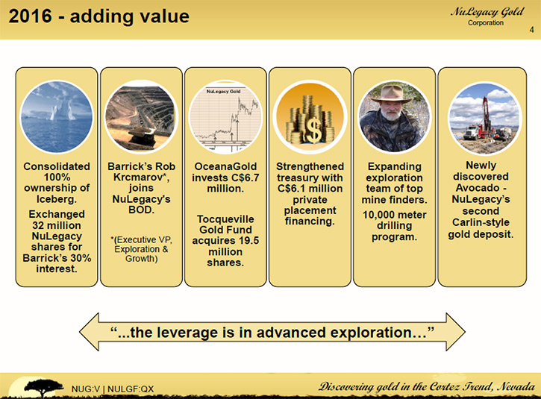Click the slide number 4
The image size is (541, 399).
532,30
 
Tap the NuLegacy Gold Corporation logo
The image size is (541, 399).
487,16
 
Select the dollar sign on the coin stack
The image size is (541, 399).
313,131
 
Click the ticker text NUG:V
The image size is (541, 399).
86,389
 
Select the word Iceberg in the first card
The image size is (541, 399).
57,199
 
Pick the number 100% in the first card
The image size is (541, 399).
57,177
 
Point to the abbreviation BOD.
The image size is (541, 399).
141,210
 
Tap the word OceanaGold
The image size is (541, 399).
225,166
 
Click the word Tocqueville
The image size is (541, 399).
225,219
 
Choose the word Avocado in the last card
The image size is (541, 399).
478,188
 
